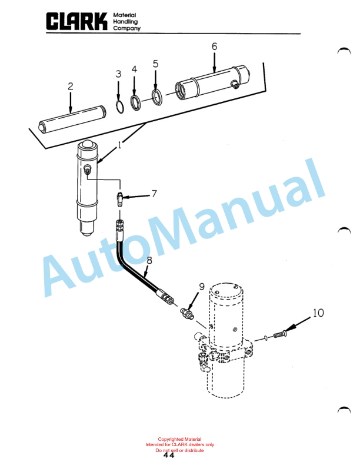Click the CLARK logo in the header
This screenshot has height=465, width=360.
[x=76, y=21]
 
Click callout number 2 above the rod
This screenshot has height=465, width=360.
[x=70, y=87]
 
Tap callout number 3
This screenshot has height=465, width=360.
[x=118, y=74]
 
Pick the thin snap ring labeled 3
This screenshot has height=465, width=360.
[x=119, y=107]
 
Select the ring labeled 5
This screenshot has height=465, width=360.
[x=156, y=98]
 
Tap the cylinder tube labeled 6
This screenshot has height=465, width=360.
[x=212, y=83]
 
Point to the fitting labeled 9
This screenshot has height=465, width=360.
[x=187, y=313]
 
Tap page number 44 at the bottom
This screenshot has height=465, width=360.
[x=169, y=455]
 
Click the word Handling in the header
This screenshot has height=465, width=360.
[x=125, y=22]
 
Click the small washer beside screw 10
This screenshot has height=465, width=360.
[x=266, y=337]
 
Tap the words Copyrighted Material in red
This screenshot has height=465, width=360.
[x=179, y=439]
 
